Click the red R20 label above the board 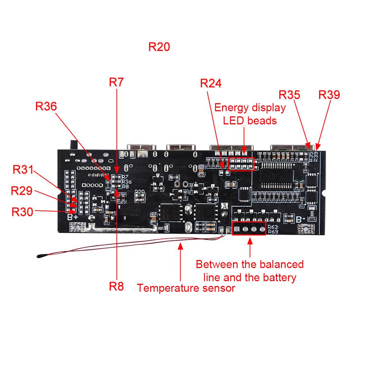coord(159,47)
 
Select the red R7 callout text coord(116,82)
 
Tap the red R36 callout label coord(46,106)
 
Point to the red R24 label coord(211,84)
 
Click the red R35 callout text coord(289,94)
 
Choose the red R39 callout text coord(329,94)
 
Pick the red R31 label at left coord(23,170)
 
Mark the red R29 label coord(22,190)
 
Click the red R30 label coord(22,212)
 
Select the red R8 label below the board coord(116,286)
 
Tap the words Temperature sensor coord(186,288)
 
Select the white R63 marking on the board coord(273,227)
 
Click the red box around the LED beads coord(241,164)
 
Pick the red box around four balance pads coord(249,229)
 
